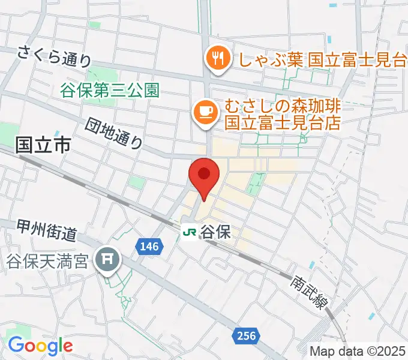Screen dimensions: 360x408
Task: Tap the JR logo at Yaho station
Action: (190, 231)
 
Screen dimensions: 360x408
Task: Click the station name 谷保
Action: (215, 231)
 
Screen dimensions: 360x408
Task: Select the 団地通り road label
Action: (114, 133)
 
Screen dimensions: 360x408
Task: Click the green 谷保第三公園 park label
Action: (109, 90)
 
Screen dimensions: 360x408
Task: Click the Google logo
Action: (40, 345)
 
